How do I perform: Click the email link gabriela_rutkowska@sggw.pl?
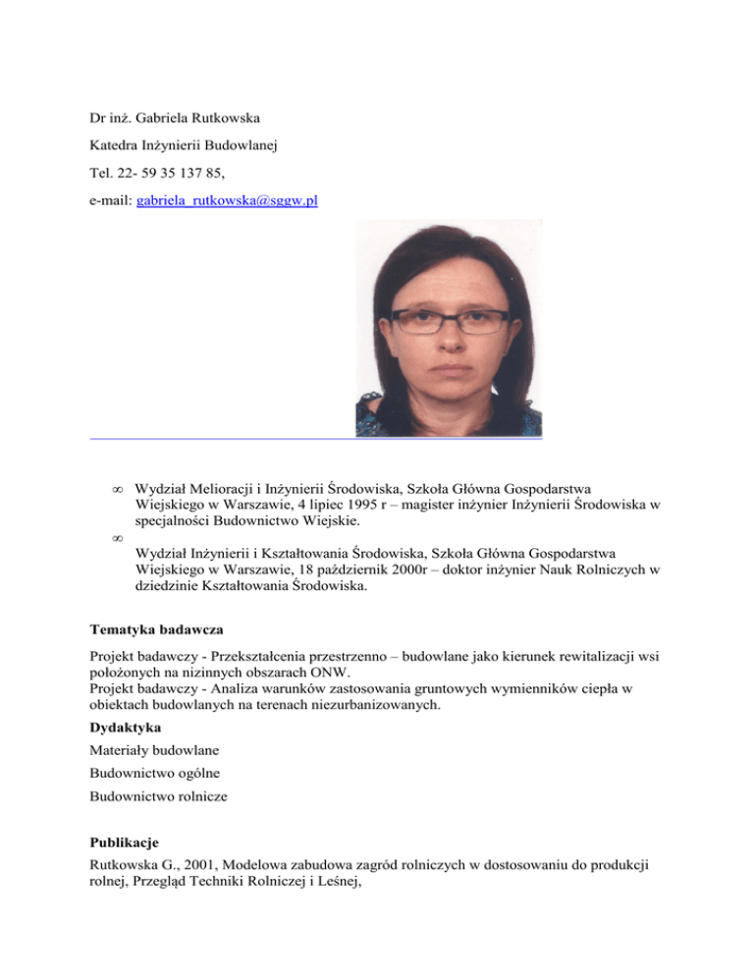point(227,201)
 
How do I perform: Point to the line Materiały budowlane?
point(153,751)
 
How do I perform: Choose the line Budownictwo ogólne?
point(151,775)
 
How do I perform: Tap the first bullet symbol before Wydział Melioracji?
point(116,488)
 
